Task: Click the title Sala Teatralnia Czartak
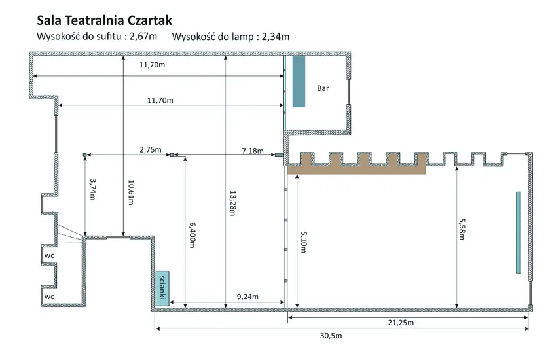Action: click(x=105, y=21)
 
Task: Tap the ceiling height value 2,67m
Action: click(x=143, y=37)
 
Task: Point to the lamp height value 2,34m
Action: click(x=276, y=37)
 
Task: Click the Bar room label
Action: click(x=323, y=88)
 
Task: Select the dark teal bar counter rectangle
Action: click(x=299, y=81)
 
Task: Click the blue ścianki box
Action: click(x=162, y=289)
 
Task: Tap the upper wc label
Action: click(x=49, y=255)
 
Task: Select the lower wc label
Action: click(x=49, y=297)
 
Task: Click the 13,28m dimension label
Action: click(x=233, y=203)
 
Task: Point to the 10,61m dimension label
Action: click(x=131, y=192)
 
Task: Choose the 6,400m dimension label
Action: click(x=192, y=235)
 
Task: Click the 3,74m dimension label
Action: click(x=93, y=189)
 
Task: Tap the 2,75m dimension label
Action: click(x=151, y=150)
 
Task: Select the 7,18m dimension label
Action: click(x=253, y=151)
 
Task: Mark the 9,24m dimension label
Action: click(x=247, y=297)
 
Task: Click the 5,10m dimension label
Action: click(x=304, y=242)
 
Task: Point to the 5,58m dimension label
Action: click(x=462, y=229)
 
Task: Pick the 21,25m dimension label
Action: click(x=401, y=322)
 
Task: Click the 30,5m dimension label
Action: click(x=331, y=336)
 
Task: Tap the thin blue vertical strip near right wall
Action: click(x=518, y=232)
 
